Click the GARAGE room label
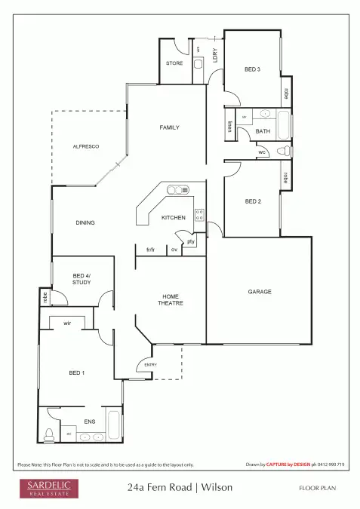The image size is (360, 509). (x=259, y=292)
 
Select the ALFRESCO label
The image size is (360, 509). (x=86, y=146)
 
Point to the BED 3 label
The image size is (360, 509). (x=252, y=70)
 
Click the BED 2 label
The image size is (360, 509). (x=253, y=201)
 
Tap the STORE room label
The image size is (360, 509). (x=174, y=63)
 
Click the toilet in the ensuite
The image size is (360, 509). (x=50, y=434)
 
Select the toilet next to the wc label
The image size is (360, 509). (x=284, y=152)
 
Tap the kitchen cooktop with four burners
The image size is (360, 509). (x=199, y=214)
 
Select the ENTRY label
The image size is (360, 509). (x=151, y=366)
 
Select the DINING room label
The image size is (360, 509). (x=85, y=222)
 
